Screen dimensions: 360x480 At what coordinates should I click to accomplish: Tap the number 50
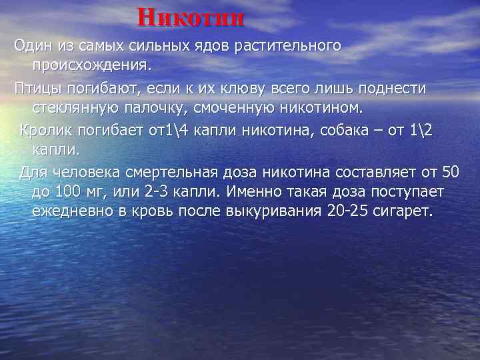[x=451, y=173]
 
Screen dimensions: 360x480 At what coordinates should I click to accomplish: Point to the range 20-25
[x=349, y=212]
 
